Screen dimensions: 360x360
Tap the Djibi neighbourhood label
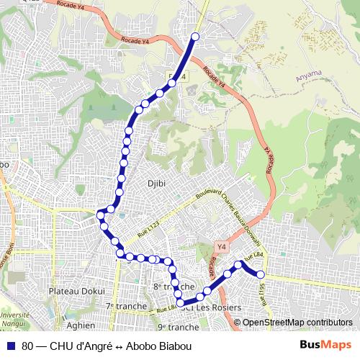pyautogui.click(x=156, y=183)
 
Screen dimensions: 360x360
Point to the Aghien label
pyautogui.click(x=80, y=325)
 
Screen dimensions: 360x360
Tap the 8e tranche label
pyautogui.click(x=170, y=287)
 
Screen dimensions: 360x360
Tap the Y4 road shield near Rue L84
pyautogui.click(x=221, y=247)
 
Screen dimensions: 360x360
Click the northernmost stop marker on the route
pyautogui.click(x=194, y=36)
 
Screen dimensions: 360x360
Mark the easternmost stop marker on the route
pyautogui.click(x=261, y=274)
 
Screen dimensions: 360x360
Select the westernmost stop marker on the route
pyautogui.click(x=101, y=214)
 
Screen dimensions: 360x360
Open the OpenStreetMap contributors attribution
pyautogui.click(x=297, y=322)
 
